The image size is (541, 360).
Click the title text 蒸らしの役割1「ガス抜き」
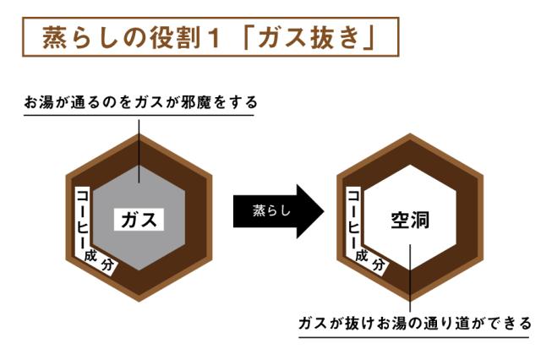(208, 37)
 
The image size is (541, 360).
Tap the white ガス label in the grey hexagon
(139, 220)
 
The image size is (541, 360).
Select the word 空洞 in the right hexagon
(410, 221)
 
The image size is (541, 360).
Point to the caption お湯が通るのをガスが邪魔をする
(141, 102)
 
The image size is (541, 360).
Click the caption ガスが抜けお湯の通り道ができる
(415, 324)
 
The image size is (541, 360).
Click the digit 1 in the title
(214, 38)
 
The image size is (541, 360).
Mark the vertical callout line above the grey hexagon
(139, 151)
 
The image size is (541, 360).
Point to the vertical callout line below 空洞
(410, 278)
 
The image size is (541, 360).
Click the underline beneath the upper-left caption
(139, 115)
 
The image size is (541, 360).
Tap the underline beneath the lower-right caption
(413, 337)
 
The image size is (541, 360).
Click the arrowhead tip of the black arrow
(325, 211)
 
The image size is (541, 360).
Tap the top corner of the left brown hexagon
(139, 134)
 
